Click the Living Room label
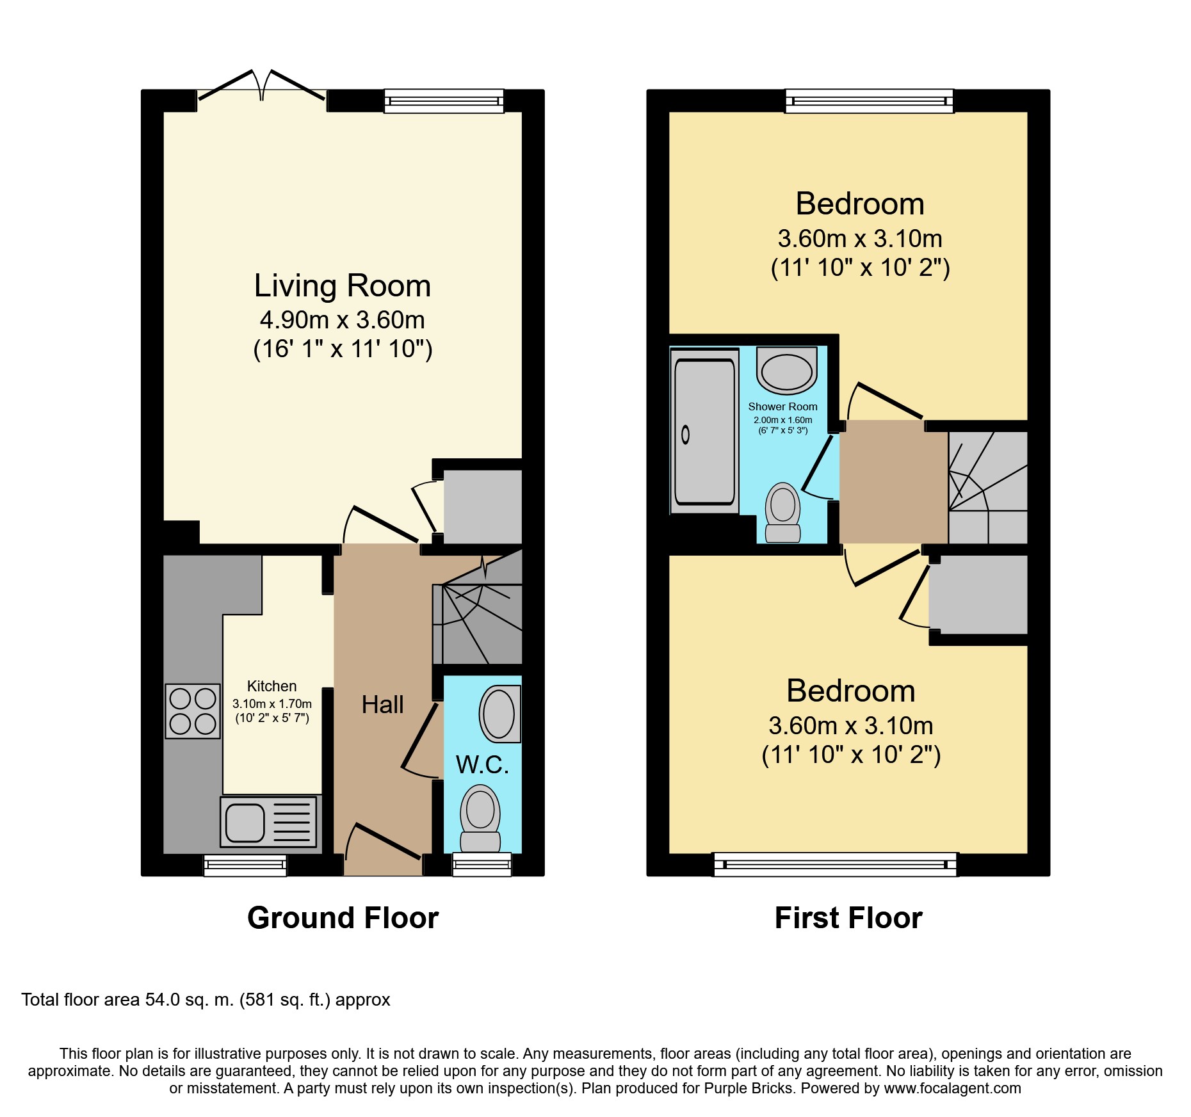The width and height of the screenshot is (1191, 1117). (x=343, y=285)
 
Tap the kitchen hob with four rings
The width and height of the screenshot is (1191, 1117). (x=193, y=711)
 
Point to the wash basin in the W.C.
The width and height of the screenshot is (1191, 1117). (x=500, y=714)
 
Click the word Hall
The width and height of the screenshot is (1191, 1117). (x=382, y=705)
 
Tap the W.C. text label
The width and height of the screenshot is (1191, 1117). (x=482, y=765)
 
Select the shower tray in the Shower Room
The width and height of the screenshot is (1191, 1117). (x=704, y=431)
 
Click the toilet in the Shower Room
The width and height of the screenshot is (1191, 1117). (x=783, y=512)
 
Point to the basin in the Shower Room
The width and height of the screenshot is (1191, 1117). (x=786, y=371)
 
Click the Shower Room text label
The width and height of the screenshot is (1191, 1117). (x=782, y=406)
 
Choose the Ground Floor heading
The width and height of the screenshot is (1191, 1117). (x=343, y=918)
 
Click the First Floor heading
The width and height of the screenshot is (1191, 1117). (x=848, y=918)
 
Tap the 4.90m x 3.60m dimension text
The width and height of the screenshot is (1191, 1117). (x=343, y=320)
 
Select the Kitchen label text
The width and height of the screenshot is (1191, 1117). (x=272, y=686)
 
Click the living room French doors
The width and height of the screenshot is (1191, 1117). (x=261, y=86)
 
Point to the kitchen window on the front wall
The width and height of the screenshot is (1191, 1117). (x=245, y=865)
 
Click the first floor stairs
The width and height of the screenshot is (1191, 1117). (x=988, y=488)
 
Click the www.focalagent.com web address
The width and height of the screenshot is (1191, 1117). (x=953, y=1088)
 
